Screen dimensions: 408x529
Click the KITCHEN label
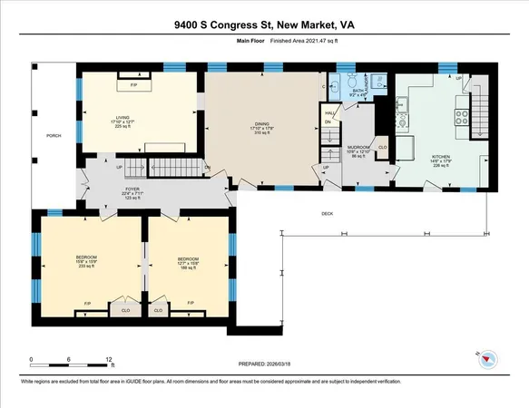pos(440,157)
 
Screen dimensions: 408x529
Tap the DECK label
pos(327,213)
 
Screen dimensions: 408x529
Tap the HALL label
pos(328,112)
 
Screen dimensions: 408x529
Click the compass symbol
pos(486,356)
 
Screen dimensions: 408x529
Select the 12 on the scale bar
pos(109,360)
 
